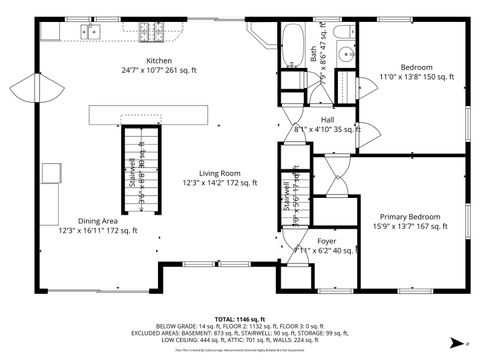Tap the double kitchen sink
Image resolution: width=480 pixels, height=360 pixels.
point(90,32)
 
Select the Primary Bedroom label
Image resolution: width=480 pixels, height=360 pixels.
point(409,216)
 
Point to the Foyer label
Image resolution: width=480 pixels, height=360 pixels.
point(327,241)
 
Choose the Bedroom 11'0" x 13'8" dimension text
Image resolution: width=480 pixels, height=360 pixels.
point(416,77)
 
